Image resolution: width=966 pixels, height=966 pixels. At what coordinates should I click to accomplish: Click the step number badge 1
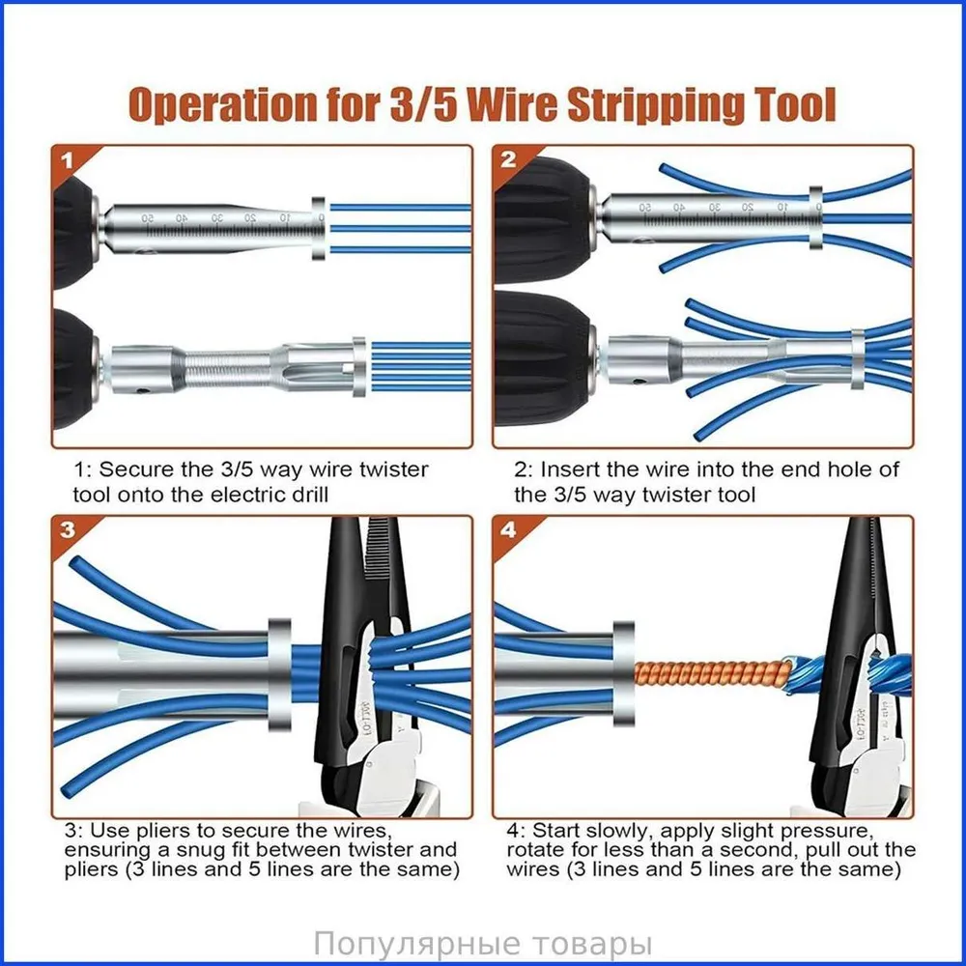pyautogui.click(x=67, y=161)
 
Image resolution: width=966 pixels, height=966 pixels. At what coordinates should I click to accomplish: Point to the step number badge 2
pyautogui.click(x=508, y=160)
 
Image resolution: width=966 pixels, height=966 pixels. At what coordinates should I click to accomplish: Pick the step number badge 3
pyautogui.click(x=67, y=529)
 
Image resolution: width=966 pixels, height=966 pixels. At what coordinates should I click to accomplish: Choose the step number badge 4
pyautogui.click(x=508, y=529)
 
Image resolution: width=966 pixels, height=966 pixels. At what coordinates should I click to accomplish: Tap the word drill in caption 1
pyautogui.click(x=303, y=495)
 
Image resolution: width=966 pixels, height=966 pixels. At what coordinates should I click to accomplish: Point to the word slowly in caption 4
pyautogui.click(x=620, y=831)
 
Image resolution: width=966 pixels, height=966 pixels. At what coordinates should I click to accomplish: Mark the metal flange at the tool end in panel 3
pyautogui.click(x=280, y=674)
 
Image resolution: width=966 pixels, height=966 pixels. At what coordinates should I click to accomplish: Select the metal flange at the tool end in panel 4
pyautogui.click(x=623, y=672)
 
